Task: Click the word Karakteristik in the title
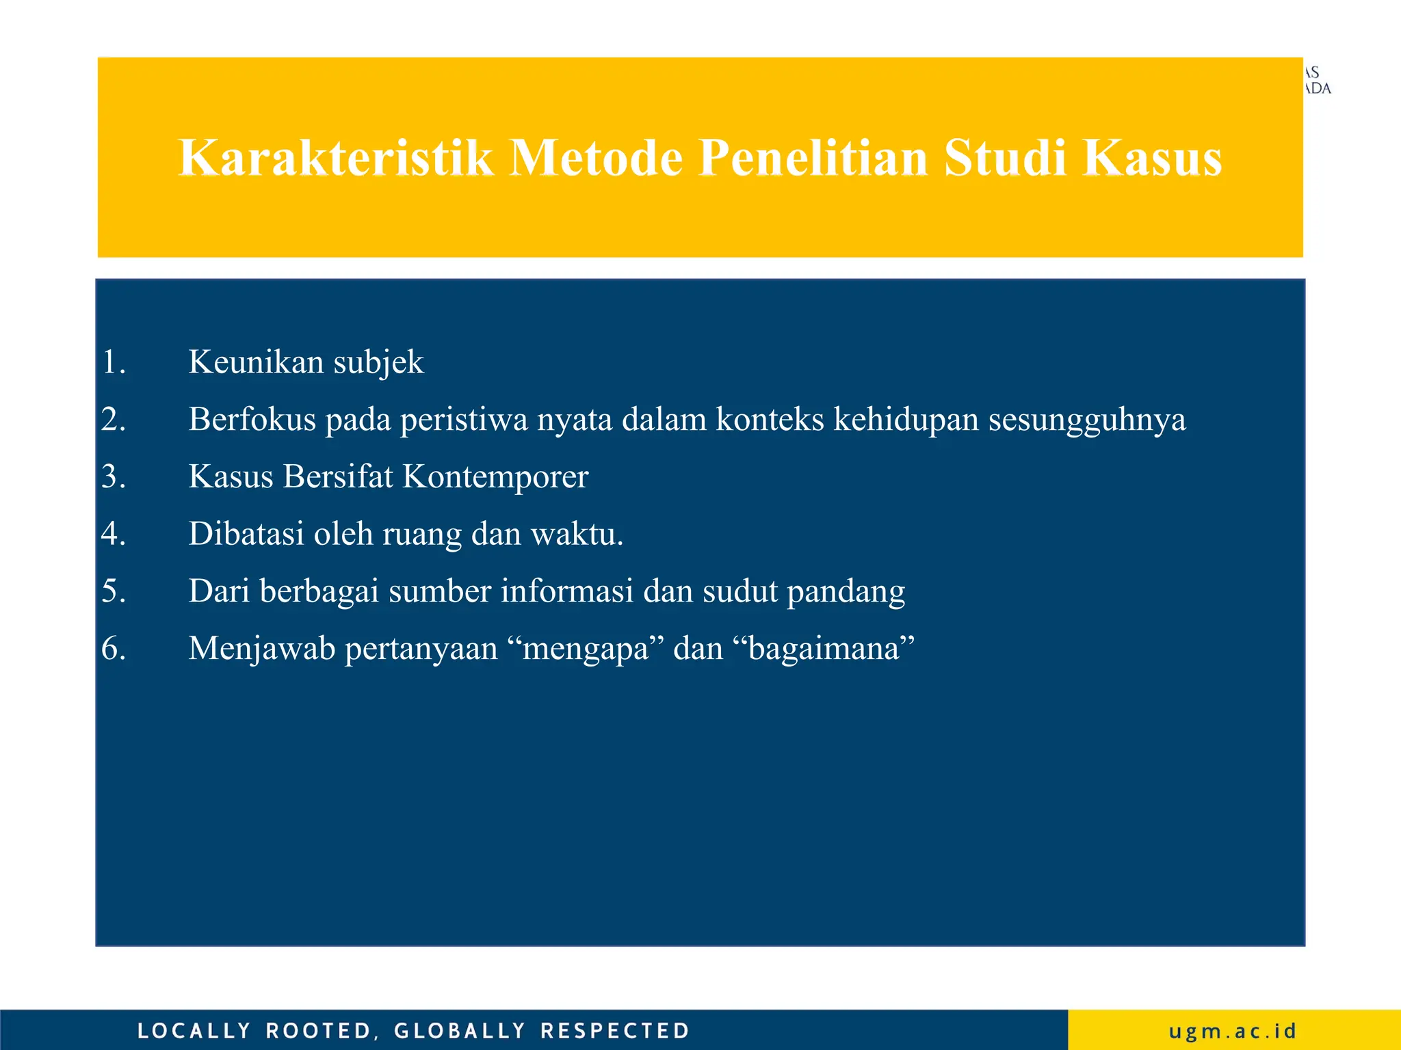click(x=335, y=159)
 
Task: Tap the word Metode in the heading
click(x=597, y=159)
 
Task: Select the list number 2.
click(x=114, y=419)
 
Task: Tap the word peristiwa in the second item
click(x=464, y=420)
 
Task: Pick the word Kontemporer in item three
click(x=495, y=476)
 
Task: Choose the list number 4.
click(x=114, y=534)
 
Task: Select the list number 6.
click(x=114, y=649)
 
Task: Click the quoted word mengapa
click(x=586, y=649)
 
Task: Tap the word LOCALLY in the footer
click(x=194, y=1031)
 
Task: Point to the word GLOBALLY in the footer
click(x=460, y=1031)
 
